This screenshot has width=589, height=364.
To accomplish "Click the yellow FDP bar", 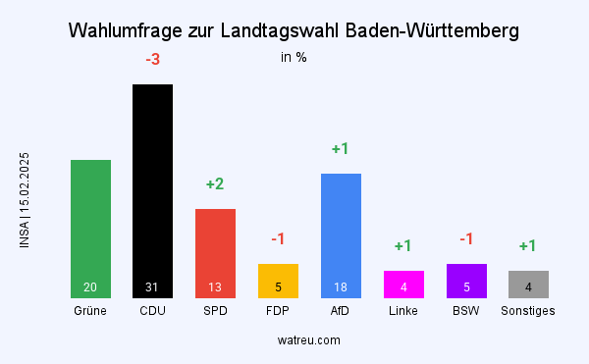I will [278, 281].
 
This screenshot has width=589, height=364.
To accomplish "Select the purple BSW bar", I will [466, 281].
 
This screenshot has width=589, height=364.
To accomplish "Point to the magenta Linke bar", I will [403, 284].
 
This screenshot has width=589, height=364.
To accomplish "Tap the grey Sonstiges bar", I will [528, 284].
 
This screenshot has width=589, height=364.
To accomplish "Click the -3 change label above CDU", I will [152, 61].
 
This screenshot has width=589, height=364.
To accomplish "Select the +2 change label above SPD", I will [215, 184].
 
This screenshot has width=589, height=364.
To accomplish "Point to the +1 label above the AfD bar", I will [341, 149].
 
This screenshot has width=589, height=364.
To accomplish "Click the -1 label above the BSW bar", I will [466, 239].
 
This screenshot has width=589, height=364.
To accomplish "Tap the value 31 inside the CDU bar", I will [152, 287].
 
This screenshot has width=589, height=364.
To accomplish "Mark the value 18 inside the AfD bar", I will [341, 287].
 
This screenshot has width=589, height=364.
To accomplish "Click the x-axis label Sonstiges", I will [528, 311].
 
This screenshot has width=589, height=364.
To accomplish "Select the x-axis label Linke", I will [403, 311].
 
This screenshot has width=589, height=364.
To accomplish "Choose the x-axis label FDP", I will [278, 311].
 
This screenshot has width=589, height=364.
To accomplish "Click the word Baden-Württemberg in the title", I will [433, 31].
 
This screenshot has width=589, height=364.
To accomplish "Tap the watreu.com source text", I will [309, 340].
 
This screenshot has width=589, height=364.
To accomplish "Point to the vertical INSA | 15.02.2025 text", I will [25, 200].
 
